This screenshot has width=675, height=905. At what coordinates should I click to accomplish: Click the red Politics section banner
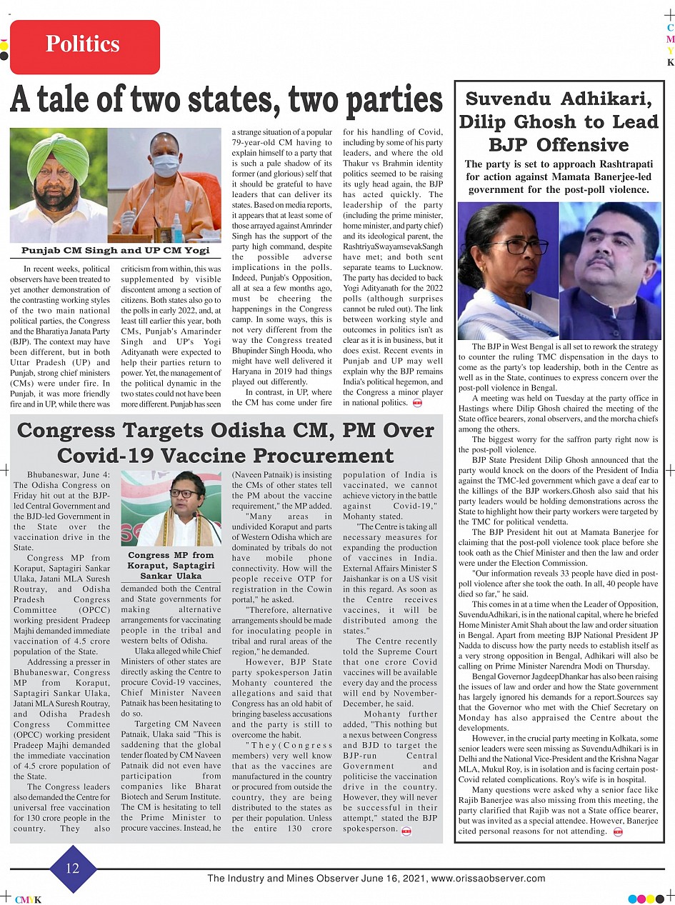(84, 46)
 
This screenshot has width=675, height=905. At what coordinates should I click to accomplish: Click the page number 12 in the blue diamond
(73, 869)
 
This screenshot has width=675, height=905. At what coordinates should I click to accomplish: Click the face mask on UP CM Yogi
(165, 166)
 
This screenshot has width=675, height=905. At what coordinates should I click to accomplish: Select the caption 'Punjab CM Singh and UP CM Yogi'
(115, 251)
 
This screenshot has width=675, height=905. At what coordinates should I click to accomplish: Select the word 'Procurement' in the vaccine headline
(309, 456)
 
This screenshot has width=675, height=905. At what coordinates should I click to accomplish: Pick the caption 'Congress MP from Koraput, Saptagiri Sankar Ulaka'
(171, 565)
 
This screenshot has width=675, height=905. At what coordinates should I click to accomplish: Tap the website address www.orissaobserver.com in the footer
(489, 879)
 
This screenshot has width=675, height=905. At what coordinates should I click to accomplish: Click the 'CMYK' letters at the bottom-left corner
(28, 900)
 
